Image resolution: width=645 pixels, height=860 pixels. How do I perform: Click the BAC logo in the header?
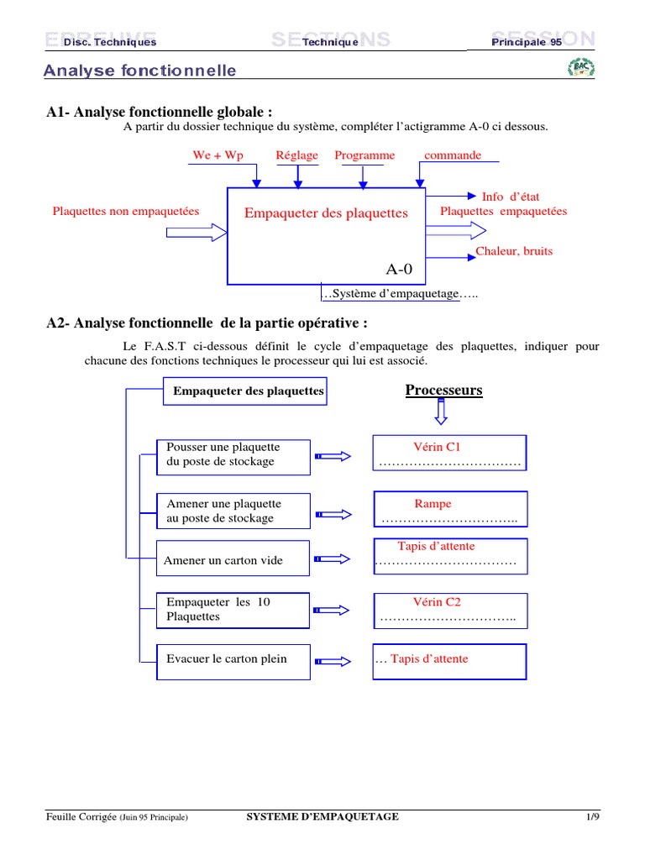tap(581, 68)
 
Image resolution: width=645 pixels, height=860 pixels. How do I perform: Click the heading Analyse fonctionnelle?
tap(140, 71)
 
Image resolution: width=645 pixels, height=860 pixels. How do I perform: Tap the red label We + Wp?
tap(218, 155)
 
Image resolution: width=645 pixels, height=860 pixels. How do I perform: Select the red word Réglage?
tap(297, 155)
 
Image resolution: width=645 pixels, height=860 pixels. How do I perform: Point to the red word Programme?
tap(364, 155)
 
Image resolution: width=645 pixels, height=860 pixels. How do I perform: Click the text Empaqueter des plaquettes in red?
tap(326, 213)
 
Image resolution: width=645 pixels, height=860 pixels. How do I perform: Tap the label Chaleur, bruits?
tap(514, 251)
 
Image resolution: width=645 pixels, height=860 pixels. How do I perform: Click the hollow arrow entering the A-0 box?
tap(197, 232)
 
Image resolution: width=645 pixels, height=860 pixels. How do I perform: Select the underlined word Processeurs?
tap(443, 391)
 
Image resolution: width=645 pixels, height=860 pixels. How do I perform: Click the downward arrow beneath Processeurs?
tap(442, 412)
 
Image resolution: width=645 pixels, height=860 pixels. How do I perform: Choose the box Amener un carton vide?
tap(233, 560)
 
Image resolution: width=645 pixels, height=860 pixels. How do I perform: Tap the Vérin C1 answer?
tap(437, 447)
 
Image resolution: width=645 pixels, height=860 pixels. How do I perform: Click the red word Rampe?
tap(433, 504)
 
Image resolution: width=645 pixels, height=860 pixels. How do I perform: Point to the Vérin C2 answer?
tap(437, 602)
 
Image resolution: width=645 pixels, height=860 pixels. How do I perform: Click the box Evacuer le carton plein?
tap(233, 659)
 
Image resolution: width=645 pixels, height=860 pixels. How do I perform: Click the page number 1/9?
tap(593, 817)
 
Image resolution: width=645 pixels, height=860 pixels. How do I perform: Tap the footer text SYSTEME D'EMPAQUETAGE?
tap(322, 817)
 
